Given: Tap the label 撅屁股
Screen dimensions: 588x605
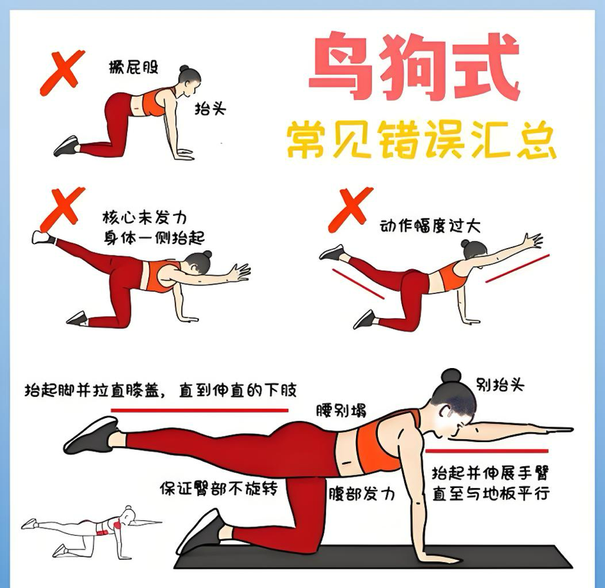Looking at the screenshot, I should point(134,66).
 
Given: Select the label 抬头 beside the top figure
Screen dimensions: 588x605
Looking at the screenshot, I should point(211,108).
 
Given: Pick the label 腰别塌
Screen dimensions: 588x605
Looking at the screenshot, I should point(341,411).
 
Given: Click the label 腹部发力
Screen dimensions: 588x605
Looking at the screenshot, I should point(361,493).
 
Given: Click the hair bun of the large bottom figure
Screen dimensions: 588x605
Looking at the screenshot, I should point(451,376).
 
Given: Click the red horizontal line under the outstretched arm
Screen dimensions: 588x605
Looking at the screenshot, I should point(487,451).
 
